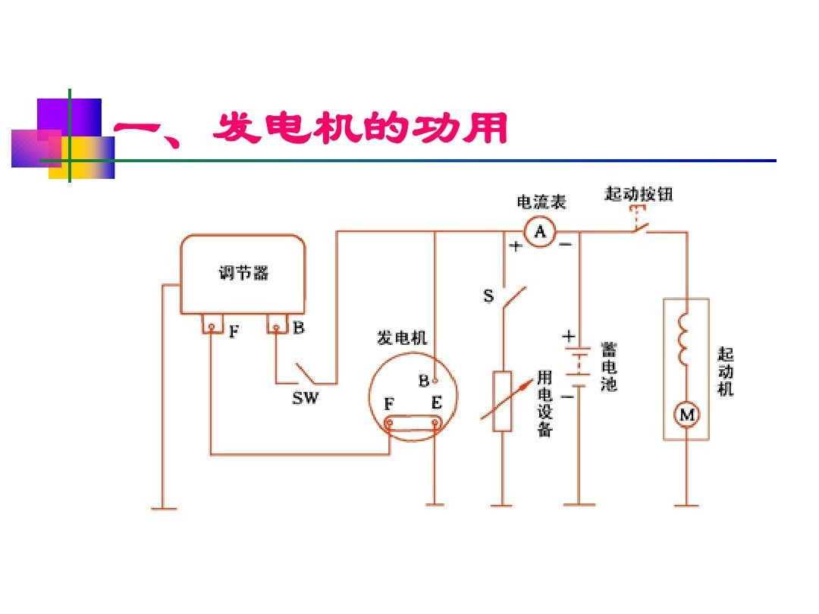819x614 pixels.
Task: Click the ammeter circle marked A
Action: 540,231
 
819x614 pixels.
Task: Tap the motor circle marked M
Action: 687,415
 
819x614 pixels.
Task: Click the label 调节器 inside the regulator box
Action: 243,273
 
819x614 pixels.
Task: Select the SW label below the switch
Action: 306,398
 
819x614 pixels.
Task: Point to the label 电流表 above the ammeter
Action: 541,202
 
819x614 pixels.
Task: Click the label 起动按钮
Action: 639,194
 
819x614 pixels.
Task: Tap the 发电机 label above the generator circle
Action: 402,338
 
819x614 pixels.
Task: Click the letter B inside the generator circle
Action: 424,380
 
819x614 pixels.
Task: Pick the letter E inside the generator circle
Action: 436,403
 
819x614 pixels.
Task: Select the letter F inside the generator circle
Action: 389,404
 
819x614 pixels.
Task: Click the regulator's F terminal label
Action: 234,330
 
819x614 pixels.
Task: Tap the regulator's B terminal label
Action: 299,328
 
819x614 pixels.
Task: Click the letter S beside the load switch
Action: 488,296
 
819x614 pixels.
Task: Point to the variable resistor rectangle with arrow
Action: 502,402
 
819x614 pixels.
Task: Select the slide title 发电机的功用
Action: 360,129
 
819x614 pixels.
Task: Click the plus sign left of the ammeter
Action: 516,246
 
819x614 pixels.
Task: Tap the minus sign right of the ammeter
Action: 566,245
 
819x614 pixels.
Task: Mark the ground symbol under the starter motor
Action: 687,503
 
